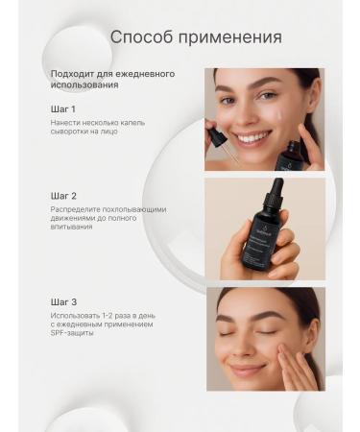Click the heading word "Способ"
(141, 37)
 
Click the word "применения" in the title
(229, 38)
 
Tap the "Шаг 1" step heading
(63, 108)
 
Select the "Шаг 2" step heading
(64, 195)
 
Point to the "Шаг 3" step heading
(64, 301)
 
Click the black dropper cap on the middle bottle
(276, 191)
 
